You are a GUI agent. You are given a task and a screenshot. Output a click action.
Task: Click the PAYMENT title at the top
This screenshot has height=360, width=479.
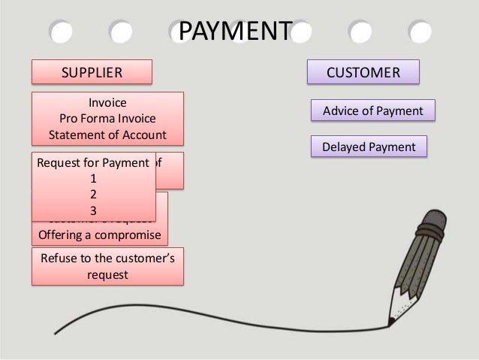point(233,32)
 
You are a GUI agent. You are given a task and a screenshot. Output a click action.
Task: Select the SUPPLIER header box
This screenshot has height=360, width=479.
point(91,73)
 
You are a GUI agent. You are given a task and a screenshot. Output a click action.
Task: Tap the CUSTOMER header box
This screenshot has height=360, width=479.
point(363,73)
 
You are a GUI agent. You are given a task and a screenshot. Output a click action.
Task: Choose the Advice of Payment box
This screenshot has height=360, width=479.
point(373,112)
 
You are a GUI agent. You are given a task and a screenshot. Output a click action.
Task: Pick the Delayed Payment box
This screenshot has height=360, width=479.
point(368,147)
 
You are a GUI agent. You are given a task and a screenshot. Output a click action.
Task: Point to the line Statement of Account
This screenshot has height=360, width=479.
point(107,135)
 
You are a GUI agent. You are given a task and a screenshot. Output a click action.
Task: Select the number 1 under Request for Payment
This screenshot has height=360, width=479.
point(93,179)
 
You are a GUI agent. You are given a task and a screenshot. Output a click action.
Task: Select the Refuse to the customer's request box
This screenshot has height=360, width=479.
point(106,267)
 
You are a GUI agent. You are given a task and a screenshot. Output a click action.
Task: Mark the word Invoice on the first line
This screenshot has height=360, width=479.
point(107,102)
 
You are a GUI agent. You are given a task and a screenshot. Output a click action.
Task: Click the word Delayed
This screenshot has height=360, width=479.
point(341,147)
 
